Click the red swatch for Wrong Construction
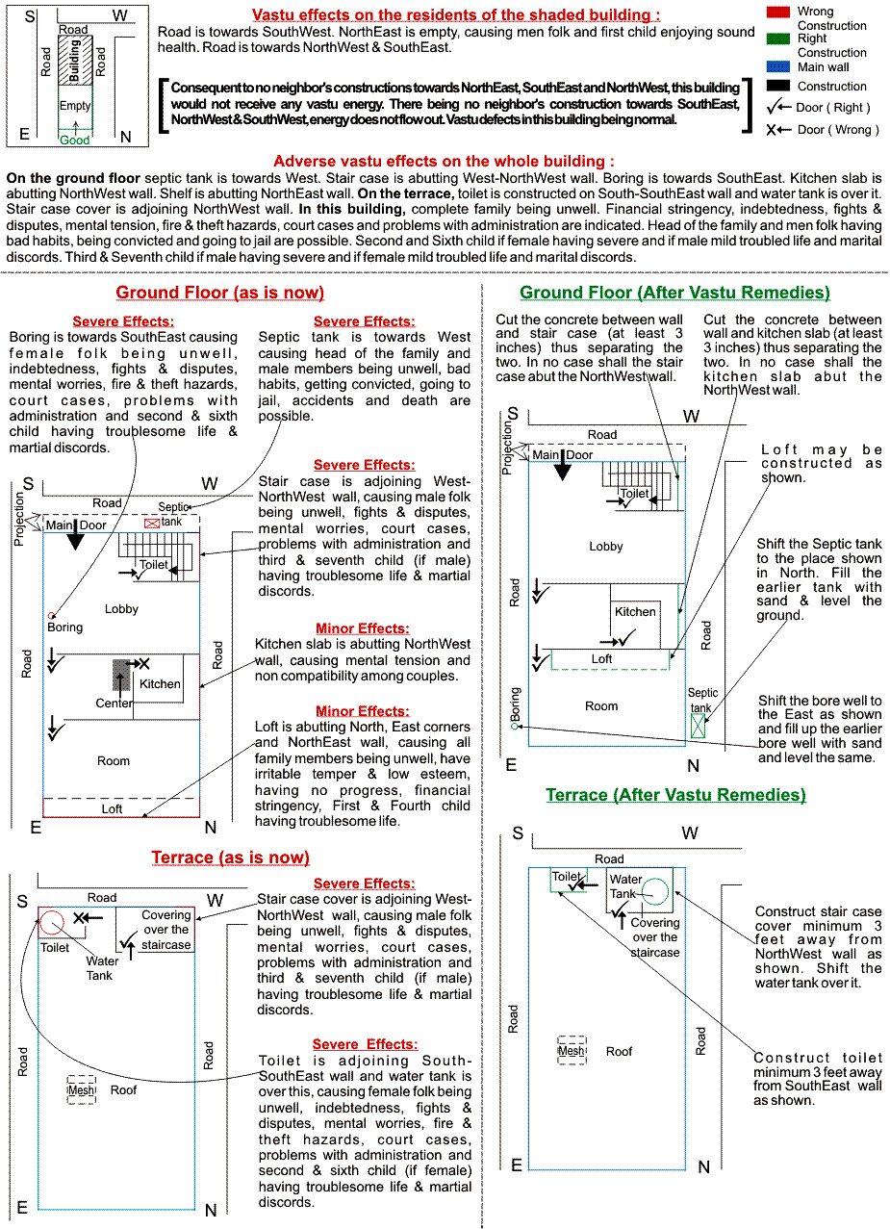tap(777, 11)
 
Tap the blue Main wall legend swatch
tap(777, 66)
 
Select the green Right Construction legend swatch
tap(777, 38)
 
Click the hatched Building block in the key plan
tap(75, 61)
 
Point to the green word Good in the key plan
tap(75, 140)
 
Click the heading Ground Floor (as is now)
tap(220, 293)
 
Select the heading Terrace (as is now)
tap(230, 857)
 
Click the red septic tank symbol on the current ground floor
tap(151, 523)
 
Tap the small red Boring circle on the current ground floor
tap(51, 616)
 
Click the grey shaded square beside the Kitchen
tap(121, 675)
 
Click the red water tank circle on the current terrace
tap(52, 922)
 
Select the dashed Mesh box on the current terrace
tap(81, 1089)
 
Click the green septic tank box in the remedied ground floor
tap(698, 726)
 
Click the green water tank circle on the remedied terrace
tap(654, 891)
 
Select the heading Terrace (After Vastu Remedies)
tap(675, 794)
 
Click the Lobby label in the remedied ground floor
tap(605, 547)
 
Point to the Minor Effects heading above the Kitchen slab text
tap(363, 628)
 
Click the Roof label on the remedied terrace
tap(619, 1051)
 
